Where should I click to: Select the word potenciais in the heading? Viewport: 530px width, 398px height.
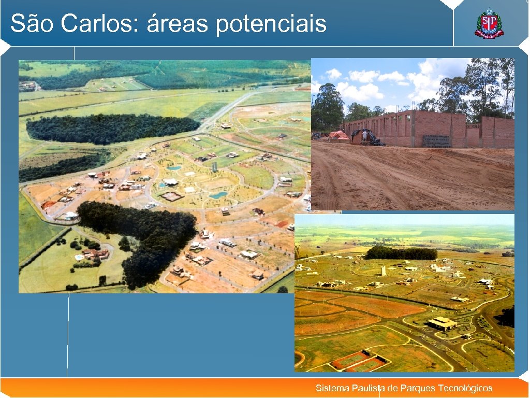271,24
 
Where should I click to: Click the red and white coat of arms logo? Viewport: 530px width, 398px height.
489,24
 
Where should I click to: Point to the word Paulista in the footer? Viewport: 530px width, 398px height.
368,388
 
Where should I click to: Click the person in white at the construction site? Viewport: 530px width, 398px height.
364,136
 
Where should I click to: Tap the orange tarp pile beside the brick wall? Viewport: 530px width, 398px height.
339,135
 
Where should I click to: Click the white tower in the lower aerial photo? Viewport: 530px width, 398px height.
384,270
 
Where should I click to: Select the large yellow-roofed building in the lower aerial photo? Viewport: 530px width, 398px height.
441,323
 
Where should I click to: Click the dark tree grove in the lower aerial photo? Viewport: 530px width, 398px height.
401,253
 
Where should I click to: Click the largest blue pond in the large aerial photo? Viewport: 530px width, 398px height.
218,195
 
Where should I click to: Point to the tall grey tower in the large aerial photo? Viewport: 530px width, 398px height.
214,167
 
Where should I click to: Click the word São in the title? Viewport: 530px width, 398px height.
31,23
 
